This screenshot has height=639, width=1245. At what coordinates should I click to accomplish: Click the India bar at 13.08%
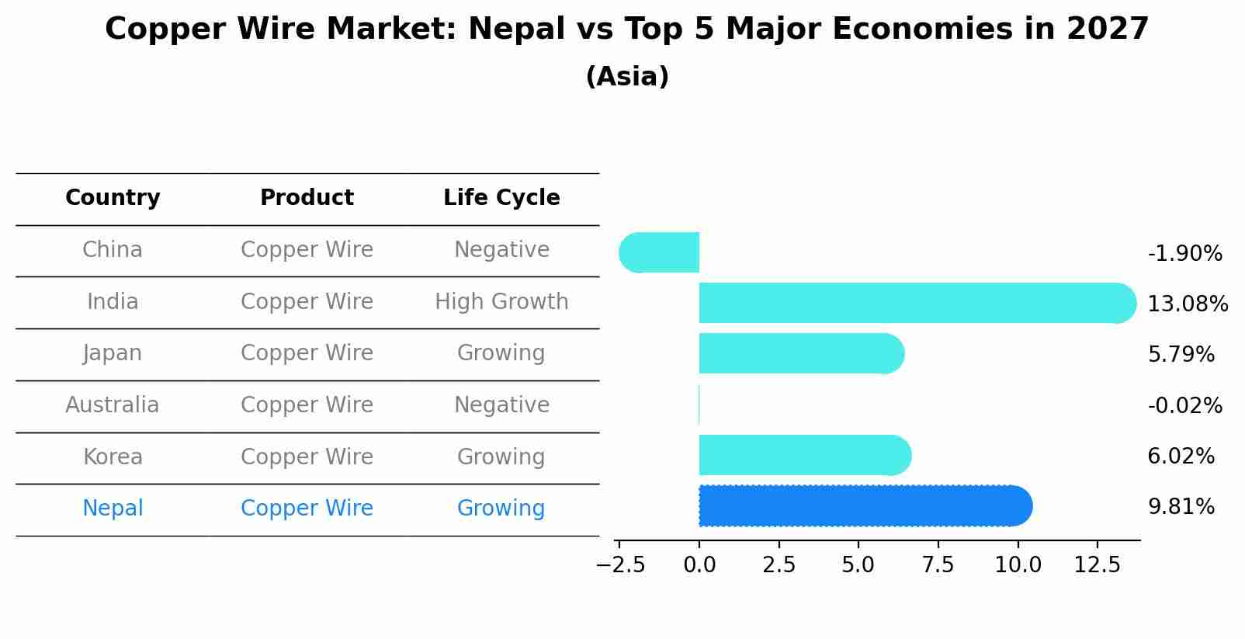tap(916, 303)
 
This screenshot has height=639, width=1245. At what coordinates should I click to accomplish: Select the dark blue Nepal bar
tap(864, 506)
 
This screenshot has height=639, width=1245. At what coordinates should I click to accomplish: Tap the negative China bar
tap(660, 252)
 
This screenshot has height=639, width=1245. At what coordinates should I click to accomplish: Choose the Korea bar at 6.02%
tap(804, 456)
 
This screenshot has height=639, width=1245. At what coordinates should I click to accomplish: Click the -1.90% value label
tap(1184, 254)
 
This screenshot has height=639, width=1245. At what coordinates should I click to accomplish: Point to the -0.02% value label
tap(1184, 405)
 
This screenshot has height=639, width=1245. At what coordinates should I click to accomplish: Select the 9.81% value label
tap(1181, 507)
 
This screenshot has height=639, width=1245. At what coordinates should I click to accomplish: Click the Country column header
tap(113, 198)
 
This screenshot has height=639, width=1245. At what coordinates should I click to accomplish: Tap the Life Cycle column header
tap(501, 198)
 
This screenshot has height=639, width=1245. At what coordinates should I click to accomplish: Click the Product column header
tap(307, 198)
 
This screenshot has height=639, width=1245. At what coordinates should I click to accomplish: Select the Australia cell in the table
tap(113, 405)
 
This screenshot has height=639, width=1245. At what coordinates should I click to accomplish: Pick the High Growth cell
tap(501, 302)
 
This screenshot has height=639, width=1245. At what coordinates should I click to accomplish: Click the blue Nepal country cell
tap(113, 509)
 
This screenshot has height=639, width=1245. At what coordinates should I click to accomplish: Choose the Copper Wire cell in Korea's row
tap(307, 457)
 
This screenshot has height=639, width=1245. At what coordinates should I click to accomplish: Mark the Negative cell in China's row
tap(501, 250)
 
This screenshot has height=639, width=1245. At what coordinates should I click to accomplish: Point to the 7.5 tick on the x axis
tap(938, 565)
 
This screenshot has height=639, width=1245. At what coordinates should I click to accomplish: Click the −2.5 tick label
tap(620, 565)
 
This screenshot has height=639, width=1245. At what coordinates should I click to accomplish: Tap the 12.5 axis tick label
tap(1097, 565)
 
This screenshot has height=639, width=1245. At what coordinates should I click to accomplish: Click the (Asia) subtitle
tap(627, 77)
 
